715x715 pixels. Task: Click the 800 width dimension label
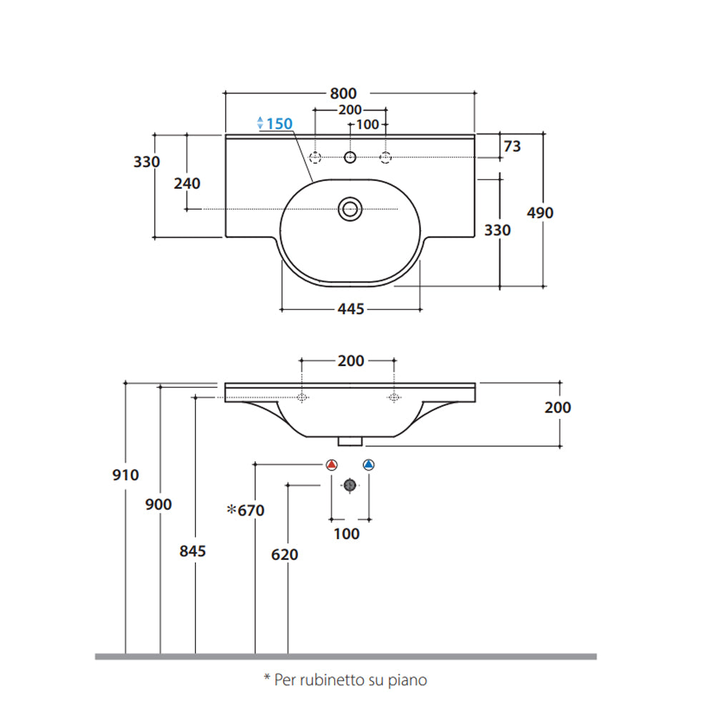click(x=343, y=93)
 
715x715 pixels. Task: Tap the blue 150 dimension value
click(x=278, y=124)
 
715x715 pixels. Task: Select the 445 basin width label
click(x=350, y=309)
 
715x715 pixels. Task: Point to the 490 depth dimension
click(x=541, y=212)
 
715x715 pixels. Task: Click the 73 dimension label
click(x=512, y=147)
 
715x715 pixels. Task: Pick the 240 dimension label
click(x=187, y=183)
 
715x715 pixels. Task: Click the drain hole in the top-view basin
click(x=350, y=209)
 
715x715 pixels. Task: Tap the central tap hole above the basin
click(x=350, y=157)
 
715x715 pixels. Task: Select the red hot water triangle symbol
click(x=331, y=465)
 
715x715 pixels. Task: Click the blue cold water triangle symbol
click(x=368, y=465)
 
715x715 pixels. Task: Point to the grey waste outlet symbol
click(x=350, y=485)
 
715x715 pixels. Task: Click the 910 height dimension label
click(x=126, y=474)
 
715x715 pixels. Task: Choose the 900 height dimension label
click(x=159, y=505)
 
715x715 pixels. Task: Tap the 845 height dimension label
click(x=193, y=551)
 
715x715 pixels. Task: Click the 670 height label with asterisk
click(x=246, y=511)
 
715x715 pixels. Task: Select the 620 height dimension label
click(x=285, y=554)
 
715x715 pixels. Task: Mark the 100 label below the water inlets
click(x=347, y=533)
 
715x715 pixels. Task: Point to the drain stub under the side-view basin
click(x=350, y=440)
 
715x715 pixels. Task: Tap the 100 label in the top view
click(x=368, y=124)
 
